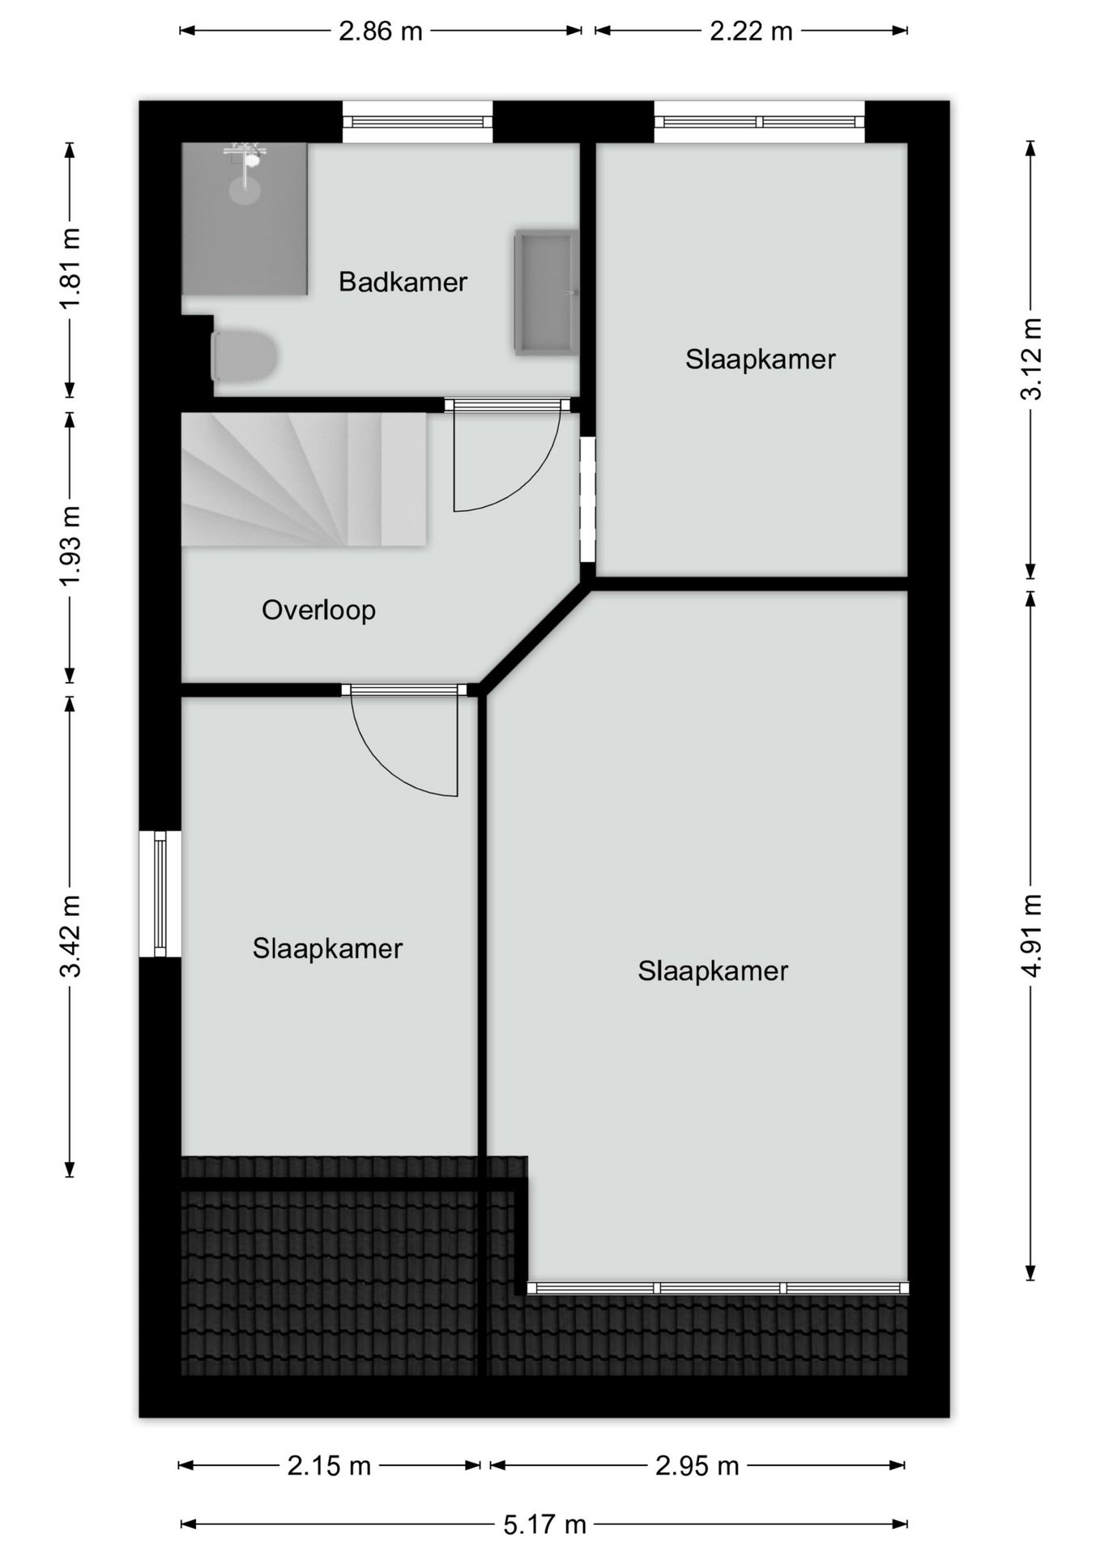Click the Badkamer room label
(403, 282)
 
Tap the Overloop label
(318, 610)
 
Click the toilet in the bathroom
(244, 356)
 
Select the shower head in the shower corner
(245, 155)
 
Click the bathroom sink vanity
(546, 292)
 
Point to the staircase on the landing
(304, 479)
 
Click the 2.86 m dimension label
(381, 32)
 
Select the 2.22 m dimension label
(751, 32)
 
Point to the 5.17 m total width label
(544, 1524)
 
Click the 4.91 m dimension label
(1030, 935)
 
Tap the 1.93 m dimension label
(70, 545)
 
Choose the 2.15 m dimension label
(329, 1465)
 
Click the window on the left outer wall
(160, 893)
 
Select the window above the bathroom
(417, 122)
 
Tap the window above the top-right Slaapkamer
(759, 122)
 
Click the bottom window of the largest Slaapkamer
(718, 1288)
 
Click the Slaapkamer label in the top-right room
(760, 360)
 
